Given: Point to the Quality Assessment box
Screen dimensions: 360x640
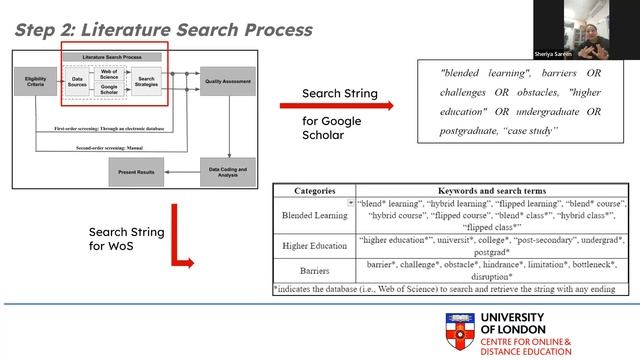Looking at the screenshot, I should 228,79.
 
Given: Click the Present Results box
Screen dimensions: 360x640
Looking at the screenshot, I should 135,171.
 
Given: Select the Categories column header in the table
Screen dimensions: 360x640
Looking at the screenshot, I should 314,190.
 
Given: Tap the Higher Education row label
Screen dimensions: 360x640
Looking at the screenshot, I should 314,246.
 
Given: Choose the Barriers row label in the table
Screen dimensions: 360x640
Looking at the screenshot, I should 314,270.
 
